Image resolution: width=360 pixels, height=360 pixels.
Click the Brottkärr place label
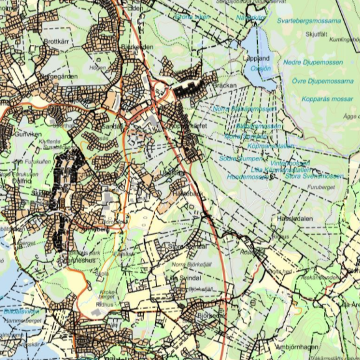[55, 41]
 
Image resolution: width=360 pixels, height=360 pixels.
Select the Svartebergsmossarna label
[310, 21]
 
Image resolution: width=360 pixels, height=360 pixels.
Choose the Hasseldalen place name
[295, 220]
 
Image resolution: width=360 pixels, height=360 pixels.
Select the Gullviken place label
[27, 134]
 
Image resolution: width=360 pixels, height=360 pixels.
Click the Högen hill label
[97, 67]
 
